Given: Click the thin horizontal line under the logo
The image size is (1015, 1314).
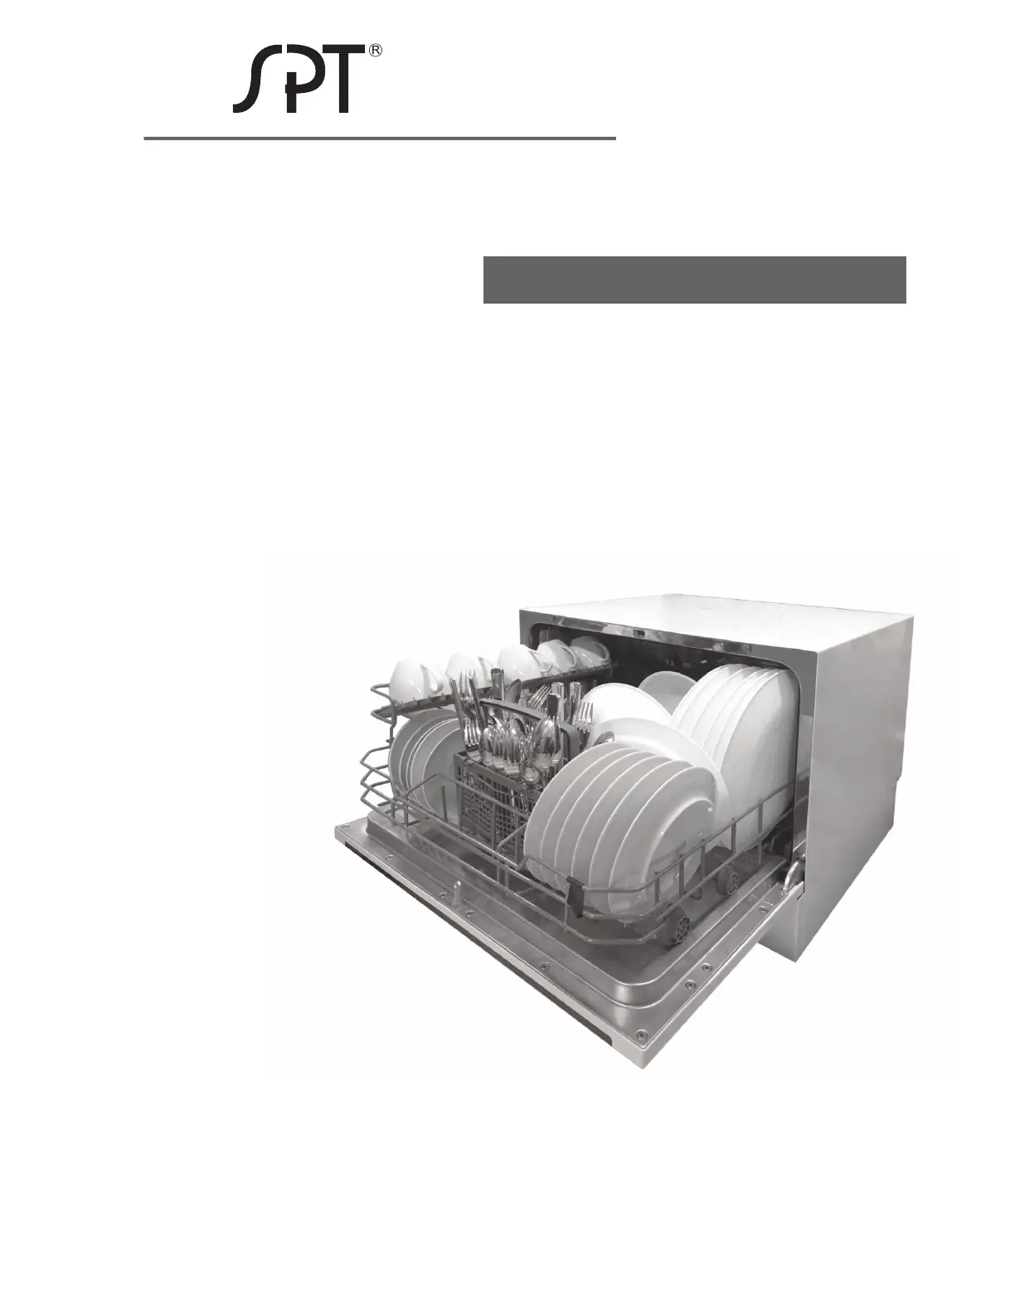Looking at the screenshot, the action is click(380, 139).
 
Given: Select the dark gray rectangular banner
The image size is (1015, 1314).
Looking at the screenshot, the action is click(695, 280).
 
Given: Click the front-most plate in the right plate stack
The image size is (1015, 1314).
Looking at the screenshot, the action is click(610, 829).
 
